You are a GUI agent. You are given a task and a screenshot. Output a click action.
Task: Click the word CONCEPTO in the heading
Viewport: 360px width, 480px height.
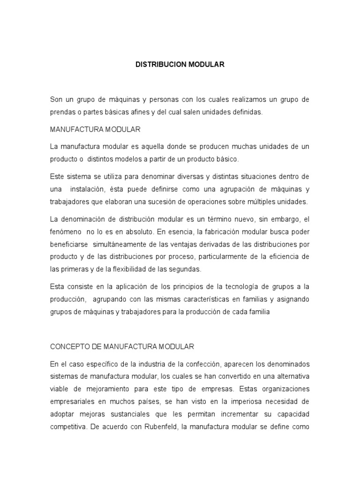[67, 346]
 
